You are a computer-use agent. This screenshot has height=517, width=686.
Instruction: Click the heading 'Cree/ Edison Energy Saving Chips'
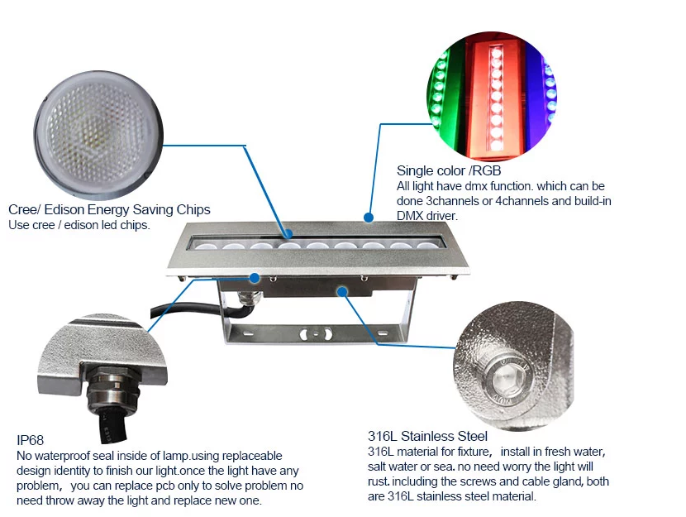[109, 209]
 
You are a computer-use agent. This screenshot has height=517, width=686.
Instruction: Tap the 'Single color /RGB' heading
[449, 170]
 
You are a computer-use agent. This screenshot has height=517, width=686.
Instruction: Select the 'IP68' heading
[31, 440]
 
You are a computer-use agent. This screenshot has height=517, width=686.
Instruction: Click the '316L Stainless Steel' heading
[427, 437]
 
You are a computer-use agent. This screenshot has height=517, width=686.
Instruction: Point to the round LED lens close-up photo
[98, 136]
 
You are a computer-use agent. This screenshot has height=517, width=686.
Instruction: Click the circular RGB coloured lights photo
[492, 96]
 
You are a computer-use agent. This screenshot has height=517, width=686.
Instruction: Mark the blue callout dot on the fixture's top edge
[369, 217]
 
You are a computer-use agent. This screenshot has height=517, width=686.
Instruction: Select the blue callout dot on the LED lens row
[288, 234]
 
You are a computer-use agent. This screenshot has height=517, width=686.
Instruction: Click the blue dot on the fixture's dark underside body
[342, 291]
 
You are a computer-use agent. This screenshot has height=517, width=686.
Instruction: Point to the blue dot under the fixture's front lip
[255, 278]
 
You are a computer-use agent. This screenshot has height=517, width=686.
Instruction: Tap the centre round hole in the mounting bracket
[316, 335]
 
